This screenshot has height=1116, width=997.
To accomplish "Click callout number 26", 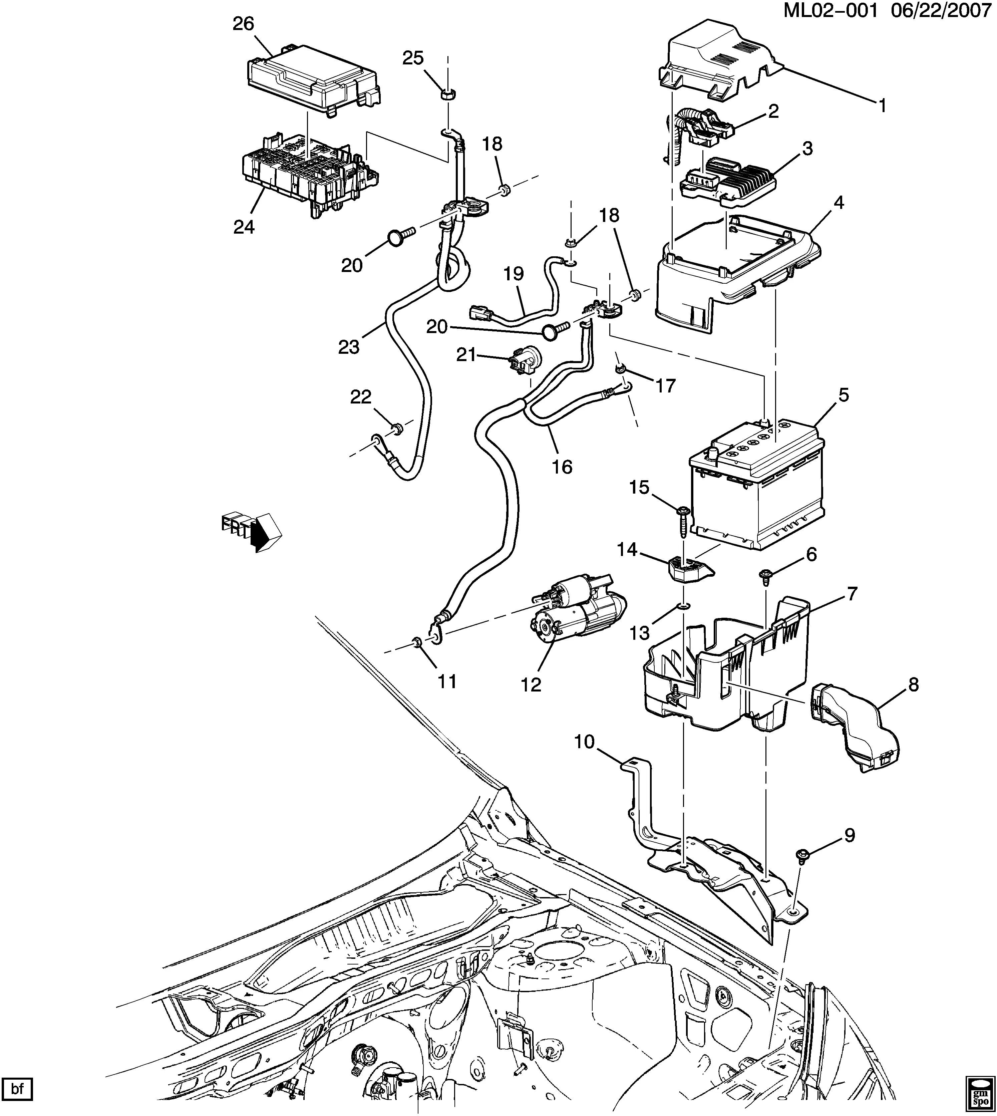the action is point(244,24).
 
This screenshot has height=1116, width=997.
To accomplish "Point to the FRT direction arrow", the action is point(252,531).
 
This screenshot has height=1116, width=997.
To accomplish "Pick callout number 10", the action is point(585,742).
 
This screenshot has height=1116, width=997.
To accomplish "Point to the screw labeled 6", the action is point(765,575).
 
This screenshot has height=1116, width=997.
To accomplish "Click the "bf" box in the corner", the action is point(18,1089).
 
